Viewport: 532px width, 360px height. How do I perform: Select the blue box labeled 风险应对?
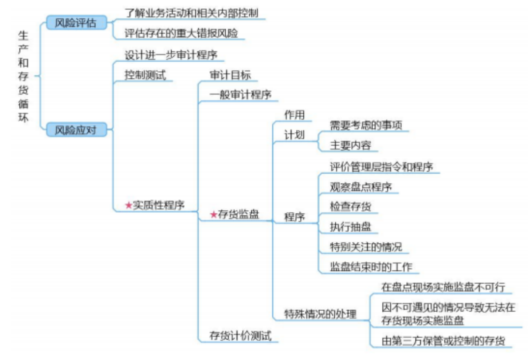click(x=77, y=130)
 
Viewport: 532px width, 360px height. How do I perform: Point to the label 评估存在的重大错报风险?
click(x=181, y=33)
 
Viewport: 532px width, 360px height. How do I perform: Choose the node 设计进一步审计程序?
click(x=171, y=54)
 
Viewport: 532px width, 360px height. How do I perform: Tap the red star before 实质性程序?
click(x=128, y=205)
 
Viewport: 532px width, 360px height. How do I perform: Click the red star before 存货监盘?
click(x=213, y=215)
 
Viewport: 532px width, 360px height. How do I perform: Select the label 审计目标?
click(x=230, y=75)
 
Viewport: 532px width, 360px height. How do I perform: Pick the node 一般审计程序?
click(x=240, y=95)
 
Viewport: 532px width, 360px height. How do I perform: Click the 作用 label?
click(x=294, y=114)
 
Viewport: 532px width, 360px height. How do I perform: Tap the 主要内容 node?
click(x=350, y=145)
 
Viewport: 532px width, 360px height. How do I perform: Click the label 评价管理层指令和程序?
click(x=381, y=166)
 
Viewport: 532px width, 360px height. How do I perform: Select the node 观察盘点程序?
click(x=361, y=187)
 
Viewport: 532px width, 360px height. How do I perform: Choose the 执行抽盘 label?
click(x=350, y=226)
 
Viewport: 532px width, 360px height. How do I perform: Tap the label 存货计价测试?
click(x=240, y=335)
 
